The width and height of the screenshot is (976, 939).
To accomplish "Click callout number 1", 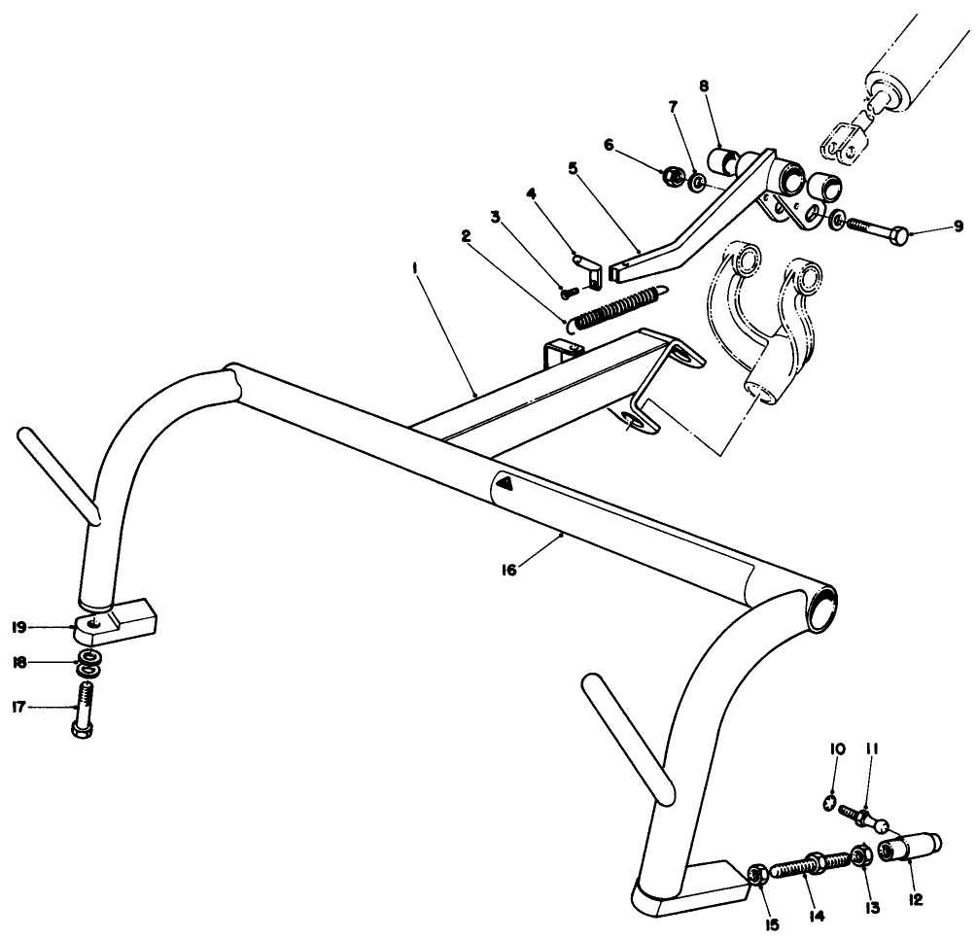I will pos(416,274).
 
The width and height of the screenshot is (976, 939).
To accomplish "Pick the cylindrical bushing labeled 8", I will pos(724,156).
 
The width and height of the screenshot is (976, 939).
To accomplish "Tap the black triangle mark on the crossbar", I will pos(505,481).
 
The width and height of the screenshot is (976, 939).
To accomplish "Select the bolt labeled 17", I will pos(84,709).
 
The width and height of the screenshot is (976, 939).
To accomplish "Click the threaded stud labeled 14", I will pos(811,864).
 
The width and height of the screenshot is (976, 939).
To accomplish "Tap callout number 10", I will pos(838,749).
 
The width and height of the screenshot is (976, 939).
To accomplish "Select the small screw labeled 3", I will pos(570,289).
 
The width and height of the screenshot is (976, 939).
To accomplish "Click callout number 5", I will pos(573,166).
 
